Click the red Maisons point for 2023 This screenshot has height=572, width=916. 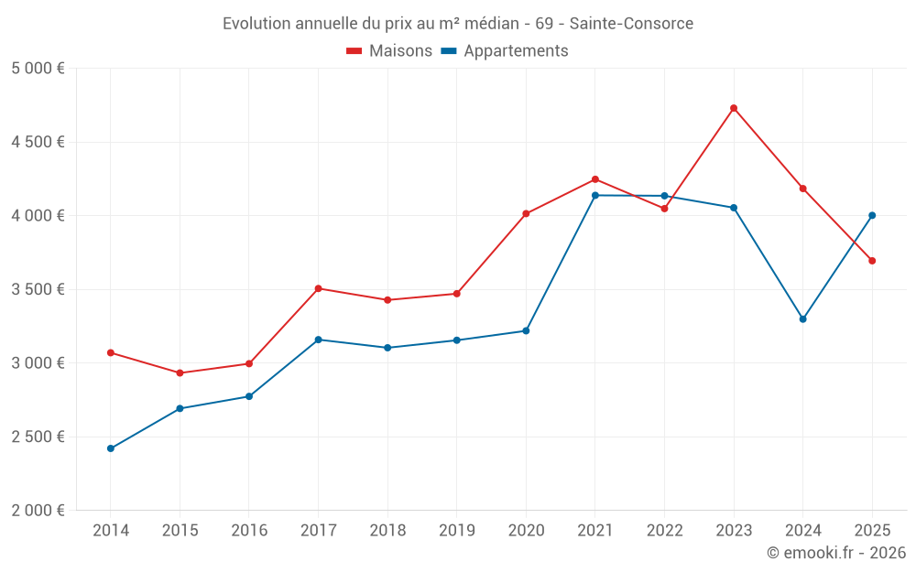(734, 108)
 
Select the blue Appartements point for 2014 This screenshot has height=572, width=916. (111, 448)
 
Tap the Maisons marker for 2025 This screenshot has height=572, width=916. (872, 261)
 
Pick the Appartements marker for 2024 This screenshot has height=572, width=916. (802, 319)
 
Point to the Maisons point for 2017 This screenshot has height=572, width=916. (318, 288)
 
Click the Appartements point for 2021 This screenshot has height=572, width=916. (595, 195)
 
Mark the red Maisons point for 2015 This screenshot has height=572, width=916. (180, 372)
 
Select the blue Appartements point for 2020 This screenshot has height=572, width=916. (526, 330)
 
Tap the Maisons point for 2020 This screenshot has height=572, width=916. (526, 213)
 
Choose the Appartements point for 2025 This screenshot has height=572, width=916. (872, 215)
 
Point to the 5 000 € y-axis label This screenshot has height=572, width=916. (38, 69)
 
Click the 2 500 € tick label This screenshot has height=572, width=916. (38, 437)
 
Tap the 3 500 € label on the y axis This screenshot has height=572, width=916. (38, 289)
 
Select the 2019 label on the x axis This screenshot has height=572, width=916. (456, 531)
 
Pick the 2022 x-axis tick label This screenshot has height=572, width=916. (664, 531)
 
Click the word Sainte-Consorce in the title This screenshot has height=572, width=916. (634, 23)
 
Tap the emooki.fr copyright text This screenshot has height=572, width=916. (835, 553)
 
